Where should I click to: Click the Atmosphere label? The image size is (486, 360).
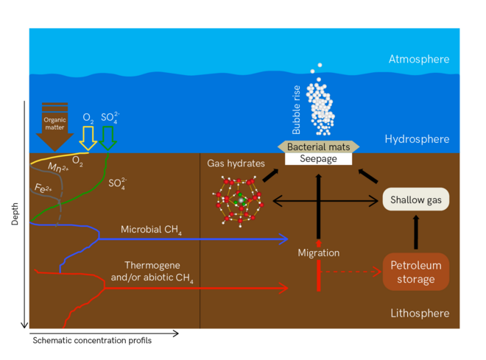click(x=418, y=60)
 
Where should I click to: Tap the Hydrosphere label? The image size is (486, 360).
click(x=417, y=139)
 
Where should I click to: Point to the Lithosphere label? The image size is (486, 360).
click(x=419, y=314)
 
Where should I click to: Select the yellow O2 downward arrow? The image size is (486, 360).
click(x=88, y=137)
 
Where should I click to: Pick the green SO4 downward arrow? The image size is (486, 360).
click(x=108, y=137)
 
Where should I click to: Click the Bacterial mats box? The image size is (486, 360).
click(x=318, y=147)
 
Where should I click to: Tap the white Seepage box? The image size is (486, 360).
click(x=318, y=158)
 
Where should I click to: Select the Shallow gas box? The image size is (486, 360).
click(x=416, y=199)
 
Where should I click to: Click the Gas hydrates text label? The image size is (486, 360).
click(x=236, y=163)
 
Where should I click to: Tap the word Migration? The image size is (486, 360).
click(x=318, y=253)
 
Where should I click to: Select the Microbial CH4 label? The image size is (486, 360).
click(x=152, y=231)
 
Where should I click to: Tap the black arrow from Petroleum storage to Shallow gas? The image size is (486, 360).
click(x=416, y=233)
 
